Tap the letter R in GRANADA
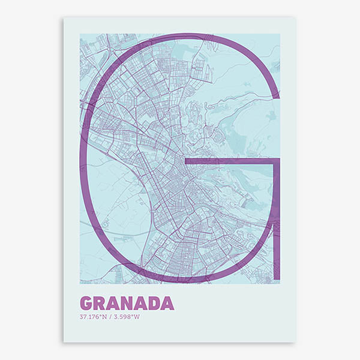tap(100, 302)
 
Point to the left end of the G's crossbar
tap(187, 161)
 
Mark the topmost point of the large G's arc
tap(180, 36)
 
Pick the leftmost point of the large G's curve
tap(83, 159)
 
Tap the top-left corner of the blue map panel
tap(80, 34)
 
